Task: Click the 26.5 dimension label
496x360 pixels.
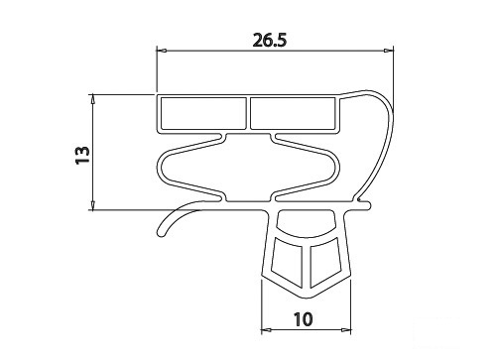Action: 270,41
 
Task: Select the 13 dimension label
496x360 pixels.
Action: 82,156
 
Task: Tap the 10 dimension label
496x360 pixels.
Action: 303,319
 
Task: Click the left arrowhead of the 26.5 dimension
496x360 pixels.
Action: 162,51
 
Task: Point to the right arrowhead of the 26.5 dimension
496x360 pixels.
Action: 389,51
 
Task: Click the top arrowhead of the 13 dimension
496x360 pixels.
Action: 93,98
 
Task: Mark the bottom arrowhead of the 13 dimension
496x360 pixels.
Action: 93,205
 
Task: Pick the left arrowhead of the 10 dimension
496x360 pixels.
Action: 266,330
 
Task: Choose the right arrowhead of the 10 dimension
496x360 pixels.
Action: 346,330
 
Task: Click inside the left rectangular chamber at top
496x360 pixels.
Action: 203,113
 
